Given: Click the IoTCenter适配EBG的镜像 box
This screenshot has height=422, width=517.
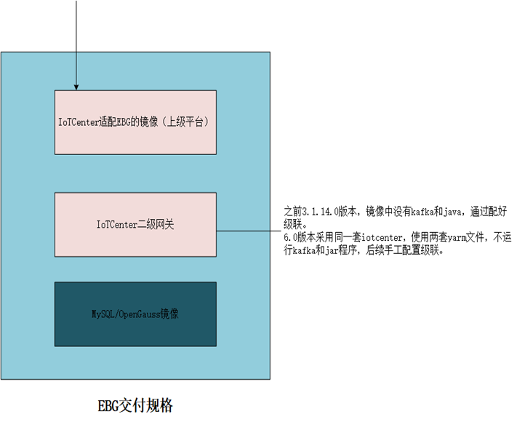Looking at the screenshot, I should pyautogui.click(x=136, y=122).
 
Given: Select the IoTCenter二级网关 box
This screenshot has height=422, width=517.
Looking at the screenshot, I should pyautogui.click(x=136, y=224).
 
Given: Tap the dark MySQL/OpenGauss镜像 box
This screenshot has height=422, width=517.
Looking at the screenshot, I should pyautogui.click(x=136, y=314).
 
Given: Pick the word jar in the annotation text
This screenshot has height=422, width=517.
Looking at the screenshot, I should pyautogui.click(x=341, y=250).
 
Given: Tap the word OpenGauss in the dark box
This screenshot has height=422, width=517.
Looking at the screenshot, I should pyautogui.click(x=143, y=314).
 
